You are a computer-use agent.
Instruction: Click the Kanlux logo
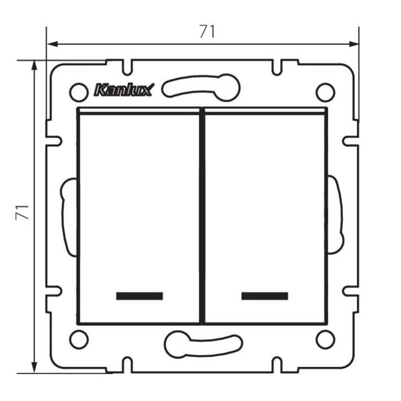124,90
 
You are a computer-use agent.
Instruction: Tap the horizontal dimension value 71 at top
207,32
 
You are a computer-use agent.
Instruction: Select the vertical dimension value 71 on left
21,213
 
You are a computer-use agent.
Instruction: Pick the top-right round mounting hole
325,91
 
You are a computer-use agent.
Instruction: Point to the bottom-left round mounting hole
79,339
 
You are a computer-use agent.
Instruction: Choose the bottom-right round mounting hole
325,339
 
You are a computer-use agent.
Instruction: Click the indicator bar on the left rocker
139,296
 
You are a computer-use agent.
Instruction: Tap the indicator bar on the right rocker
264,296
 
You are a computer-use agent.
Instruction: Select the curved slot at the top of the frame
201,86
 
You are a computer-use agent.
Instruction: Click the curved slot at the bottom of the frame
203,343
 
